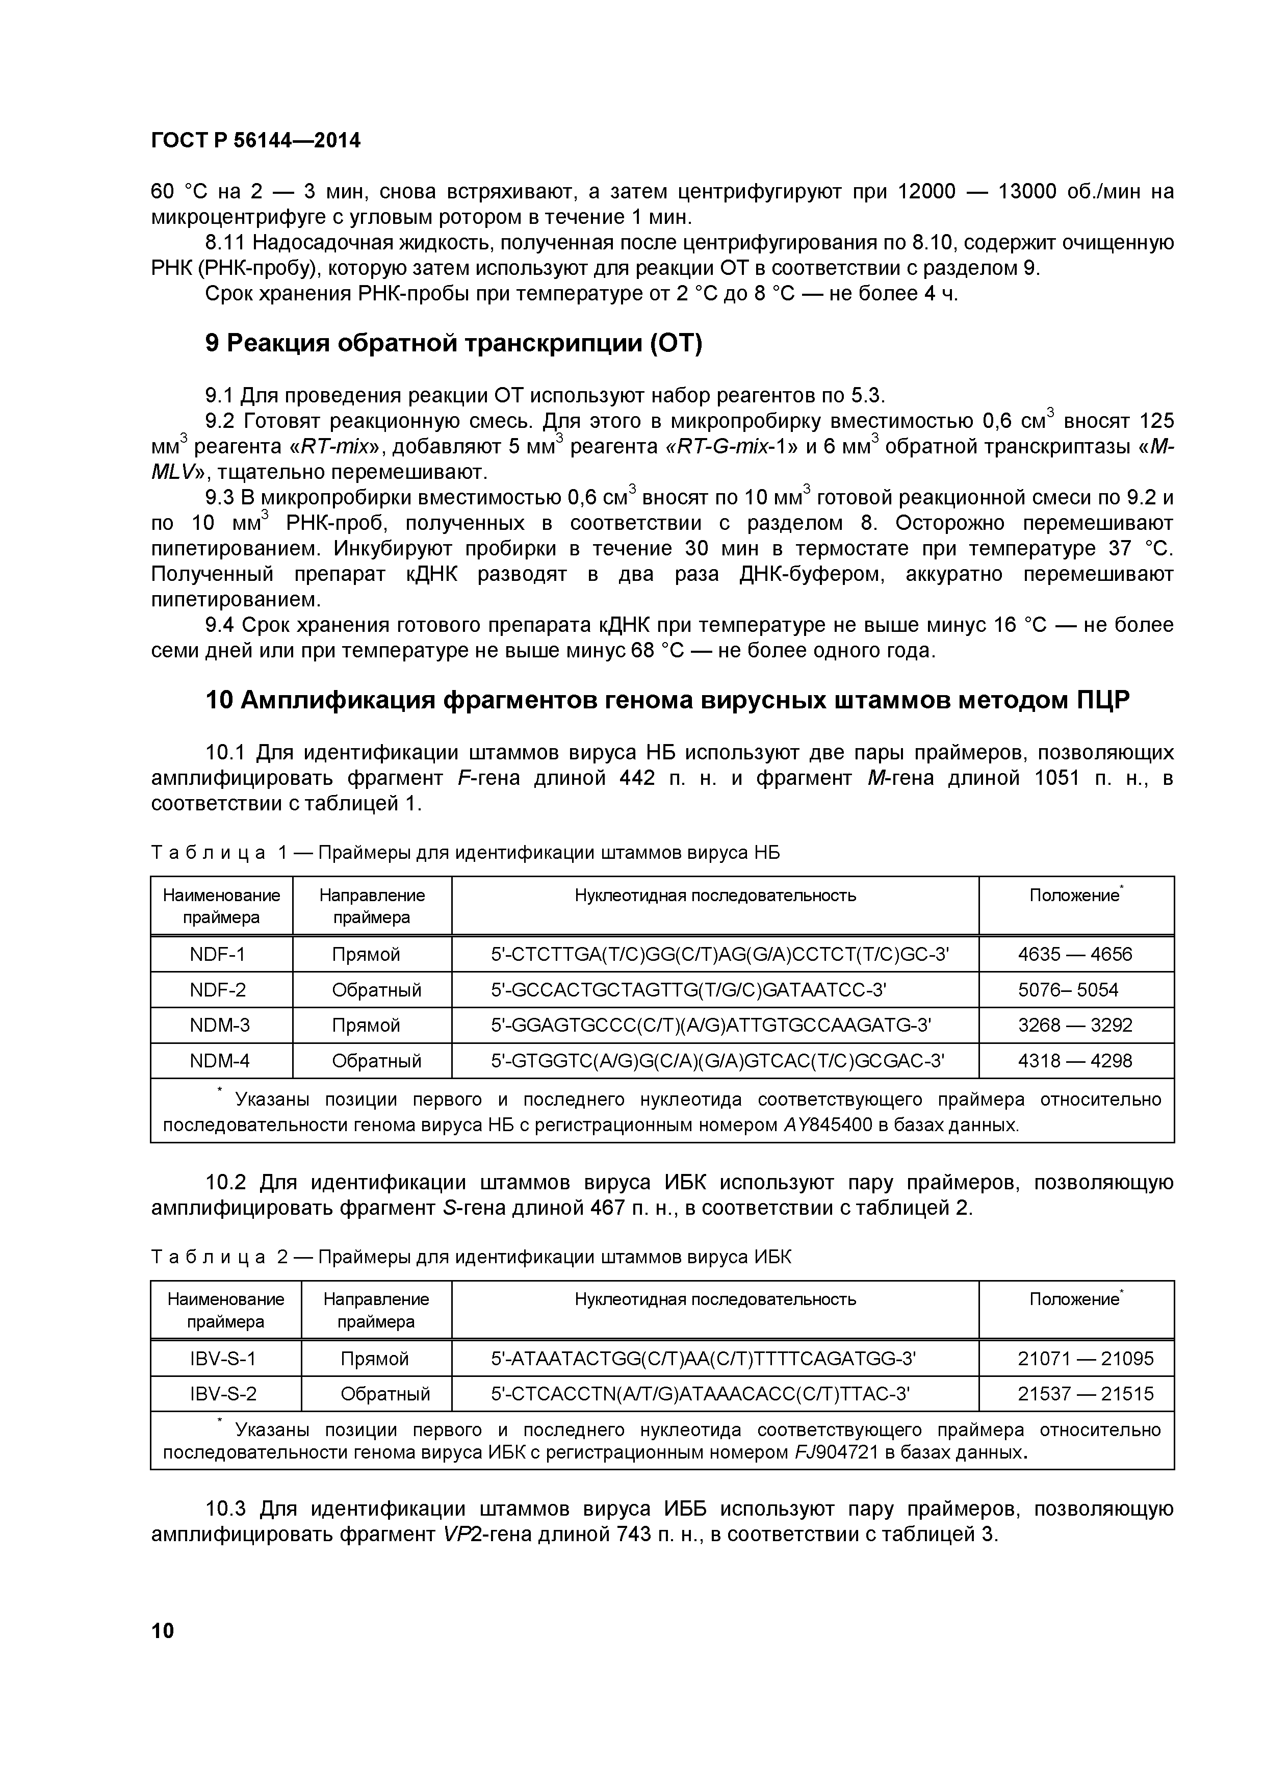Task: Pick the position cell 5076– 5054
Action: tap(1067, 989)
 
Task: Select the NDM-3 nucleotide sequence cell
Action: tap(710, 1025)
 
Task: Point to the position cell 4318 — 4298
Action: tap(1075, 1060)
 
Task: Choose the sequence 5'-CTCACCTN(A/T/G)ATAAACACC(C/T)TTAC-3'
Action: tap(700, 1393)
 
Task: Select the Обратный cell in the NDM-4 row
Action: tap(376, 1060)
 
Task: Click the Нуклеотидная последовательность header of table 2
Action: tap(714, 1299)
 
